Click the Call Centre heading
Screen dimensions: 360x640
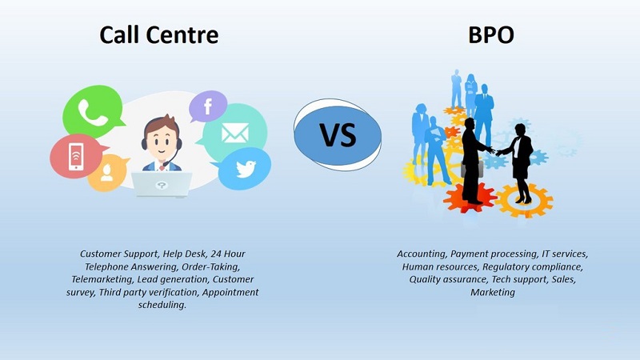pos(158,34)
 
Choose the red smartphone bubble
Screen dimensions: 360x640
pos(73,157)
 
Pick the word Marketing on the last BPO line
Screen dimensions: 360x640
pos(492,292)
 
